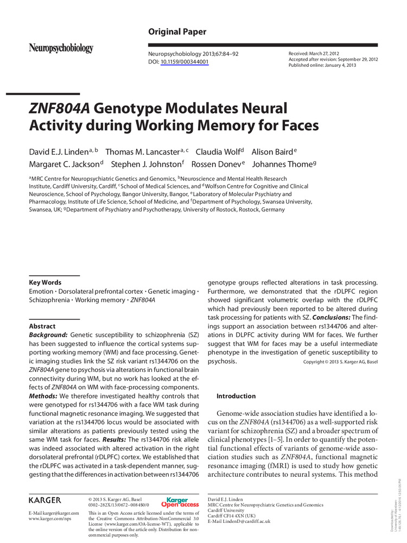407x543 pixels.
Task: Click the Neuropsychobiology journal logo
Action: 61,48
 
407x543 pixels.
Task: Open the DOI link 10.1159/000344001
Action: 185,62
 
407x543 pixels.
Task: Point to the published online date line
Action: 322,65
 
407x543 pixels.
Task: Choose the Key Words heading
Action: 45,282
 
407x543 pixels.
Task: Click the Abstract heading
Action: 42,326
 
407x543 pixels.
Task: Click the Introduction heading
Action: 236,396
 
